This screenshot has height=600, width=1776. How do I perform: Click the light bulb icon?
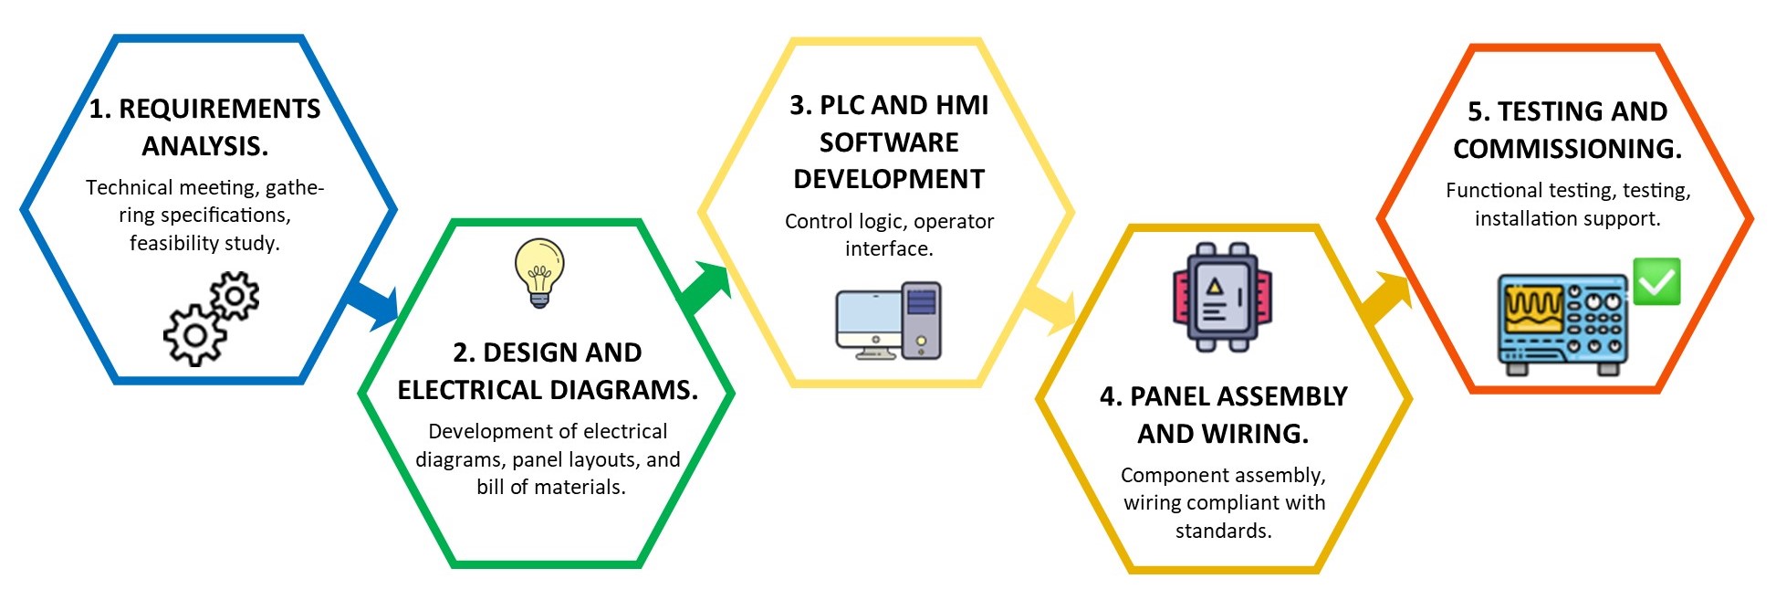[x=539, y=271]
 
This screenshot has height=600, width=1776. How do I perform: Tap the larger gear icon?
[x=193, y=335]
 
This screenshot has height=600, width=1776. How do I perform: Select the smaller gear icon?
[x=235, y=295]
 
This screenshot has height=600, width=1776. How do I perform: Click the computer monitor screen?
[x=868, y=315]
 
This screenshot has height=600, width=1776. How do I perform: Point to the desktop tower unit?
[x=922, y=320]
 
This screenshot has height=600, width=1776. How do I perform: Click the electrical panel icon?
[x=1222, y=298]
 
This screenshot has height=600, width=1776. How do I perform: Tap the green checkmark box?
[x=1656, y=281]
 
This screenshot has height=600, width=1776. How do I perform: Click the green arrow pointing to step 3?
[x=705, y=288]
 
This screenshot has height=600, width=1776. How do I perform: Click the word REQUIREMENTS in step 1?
[x=219, y=110]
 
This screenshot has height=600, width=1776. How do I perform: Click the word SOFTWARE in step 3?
[x=889, y=142]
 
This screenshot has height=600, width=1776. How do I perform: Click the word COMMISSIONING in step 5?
[x=1567, y=149]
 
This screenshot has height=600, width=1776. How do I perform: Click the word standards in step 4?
[x=1223, y=532]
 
